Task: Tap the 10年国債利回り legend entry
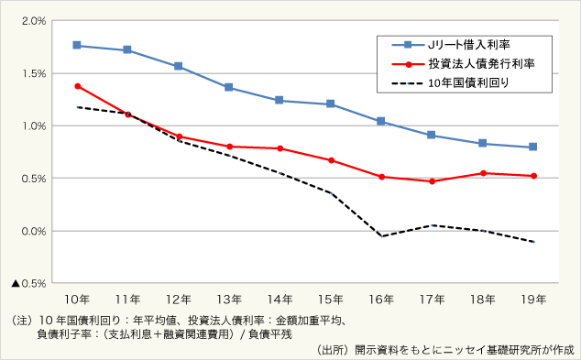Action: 467,83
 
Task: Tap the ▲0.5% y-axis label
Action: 29,284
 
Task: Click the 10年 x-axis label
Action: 77,300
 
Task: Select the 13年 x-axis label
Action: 228,300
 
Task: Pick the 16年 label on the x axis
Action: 380,300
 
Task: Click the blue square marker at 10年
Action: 77,45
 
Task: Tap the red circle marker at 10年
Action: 77,86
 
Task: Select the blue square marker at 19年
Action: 532,147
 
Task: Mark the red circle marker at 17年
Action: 431,181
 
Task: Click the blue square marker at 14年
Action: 280,100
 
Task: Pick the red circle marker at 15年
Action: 330,160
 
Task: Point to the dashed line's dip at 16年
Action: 380,236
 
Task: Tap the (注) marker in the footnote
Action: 18,321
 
